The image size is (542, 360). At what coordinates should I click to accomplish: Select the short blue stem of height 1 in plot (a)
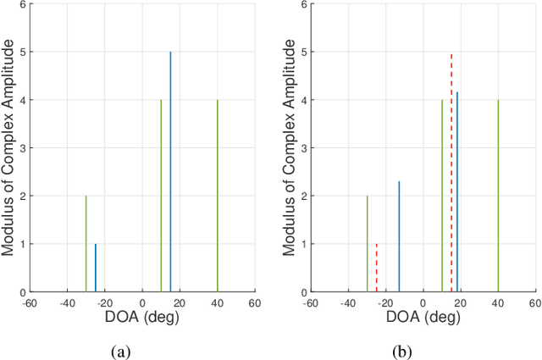point(96,269)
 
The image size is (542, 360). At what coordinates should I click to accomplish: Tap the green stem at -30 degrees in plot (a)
point(86,244)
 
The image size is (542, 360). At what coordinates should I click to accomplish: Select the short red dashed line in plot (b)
point(377,269)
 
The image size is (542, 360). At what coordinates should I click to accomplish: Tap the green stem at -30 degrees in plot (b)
point(367,244)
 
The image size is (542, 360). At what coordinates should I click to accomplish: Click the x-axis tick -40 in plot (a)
point(66,302)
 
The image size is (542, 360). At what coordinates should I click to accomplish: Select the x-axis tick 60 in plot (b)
point(534,302)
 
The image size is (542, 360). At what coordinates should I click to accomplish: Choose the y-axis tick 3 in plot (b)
point(302,148)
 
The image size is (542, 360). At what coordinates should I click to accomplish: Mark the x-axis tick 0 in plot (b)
point(423,302)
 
